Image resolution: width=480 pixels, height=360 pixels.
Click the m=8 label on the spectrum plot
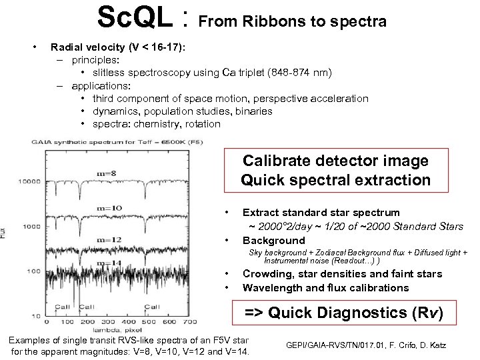(106, 174)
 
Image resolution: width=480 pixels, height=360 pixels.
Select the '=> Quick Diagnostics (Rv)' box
(344, 312)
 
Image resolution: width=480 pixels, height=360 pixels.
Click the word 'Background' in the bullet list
(273, 240)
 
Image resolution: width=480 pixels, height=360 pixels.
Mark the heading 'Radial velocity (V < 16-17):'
(118, 47)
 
